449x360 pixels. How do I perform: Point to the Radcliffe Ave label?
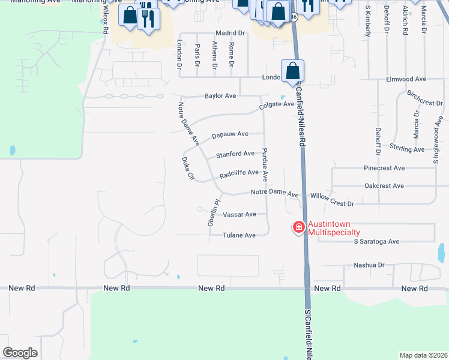click(x=239, y=174)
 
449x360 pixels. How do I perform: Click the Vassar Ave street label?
click(x=240, y=214)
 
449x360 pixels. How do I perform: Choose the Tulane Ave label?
click(x=240, y=235)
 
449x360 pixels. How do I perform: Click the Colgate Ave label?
click(x=276, y=105)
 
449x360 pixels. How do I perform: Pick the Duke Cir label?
click(x=188, y=169)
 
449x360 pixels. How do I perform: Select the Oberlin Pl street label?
click(x=211, y=212)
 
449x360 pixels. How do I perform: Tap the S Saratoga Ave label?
click(x=376, y=242)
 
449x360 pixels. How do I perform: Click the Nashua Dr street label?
click(x=369, y=265)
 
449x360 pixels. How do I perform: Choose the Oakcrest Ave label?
click(x=384, y=186)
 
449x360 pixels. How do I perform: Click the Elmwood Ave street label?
click(x=406, y=79)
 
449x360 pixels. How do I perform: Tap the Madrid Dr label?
click(x=231, y=33)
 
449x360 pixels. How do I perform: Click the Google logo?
click(x=20, y=353)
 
